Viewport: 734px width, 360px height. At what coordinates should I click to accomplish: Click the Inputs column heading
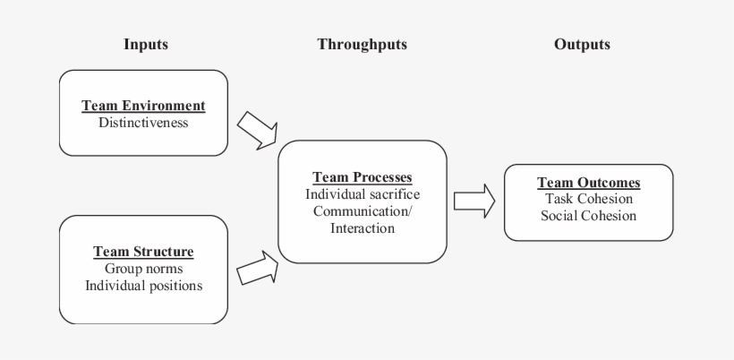[145, 44]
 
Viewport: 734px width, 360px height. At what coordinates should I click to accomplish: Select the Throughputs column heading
[362, 44]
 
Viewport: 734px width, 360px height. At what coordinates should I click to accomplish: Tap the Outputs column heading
[582, 44]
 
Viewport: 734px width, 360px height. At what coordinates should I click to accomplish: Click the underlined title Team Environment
[143, 106]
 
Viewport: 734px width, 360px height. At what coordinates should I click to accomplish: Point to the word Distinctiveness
[143, 122]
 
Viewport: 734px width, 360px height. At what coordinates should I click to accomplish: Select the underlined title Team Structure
[143, 252]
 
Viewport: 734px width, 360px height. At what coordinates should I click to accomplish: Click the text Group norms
[143, 269]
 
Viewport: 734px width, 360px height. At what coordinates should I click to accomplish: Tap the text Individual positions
[143, 286]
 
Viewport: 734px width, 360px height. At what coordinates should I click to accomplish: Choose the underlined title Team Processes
[362, 177]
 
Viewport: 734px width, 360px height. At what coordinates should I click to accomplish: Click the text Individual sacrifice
[362, 194]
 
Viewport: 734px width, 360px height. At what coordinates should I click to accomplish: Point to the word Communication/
[362, 211]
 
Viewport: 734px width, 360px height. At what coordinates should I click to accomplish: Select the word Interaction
[362, 228]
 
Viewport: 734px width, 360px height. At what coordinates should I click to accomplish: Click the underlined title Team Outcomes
[588, 183]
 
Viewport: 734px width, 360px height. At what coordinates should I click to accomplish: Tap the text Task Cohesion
[588, 199]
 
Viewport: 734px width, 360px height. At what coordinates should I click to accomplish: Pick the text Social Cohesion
[588, 216]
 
